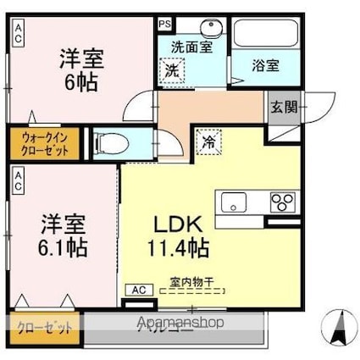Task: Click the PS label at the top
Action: pos(163,25)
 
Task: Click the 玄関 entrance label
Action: pos(283,108)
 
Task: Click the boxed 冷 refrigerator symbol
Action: pos(207,143)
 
